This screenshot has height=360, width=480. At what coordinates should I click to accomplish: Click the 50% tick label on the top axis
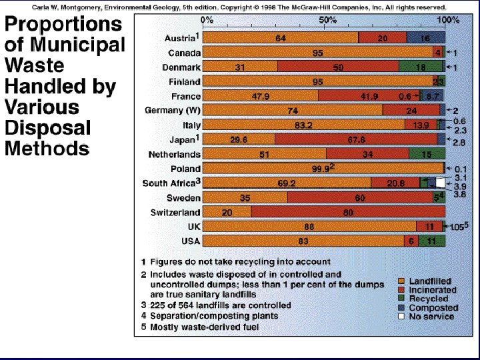327,20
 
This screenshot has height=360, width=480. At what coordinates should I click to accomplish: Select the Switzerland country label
175,213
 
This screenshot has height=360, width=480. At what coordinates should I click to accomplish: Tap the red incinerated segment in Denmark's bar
338,67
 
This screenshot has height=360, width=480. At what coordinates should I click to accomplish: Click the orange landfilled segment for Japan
238,139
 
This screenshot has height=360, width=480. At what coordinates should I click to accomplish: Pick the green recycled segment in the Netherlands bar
426,155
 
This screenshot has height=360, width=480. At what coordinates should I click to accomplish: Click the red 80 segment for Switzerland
348,213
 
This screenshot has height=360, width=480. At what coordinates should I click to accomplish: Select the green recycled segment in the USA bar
431,241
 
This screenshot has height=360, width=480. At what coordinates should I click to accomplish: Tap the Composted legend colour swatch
402,308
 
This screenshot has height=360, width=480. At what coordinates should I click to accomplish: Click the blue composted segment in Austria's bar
425,39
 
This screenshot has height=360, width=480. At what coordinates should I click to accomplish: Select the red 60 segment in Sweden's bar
360,198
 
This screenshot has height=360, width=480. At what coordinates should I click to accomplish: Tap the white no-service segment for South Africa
440,183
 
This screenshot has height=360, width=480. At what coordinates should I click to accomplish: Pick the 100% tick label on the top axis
447,20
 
